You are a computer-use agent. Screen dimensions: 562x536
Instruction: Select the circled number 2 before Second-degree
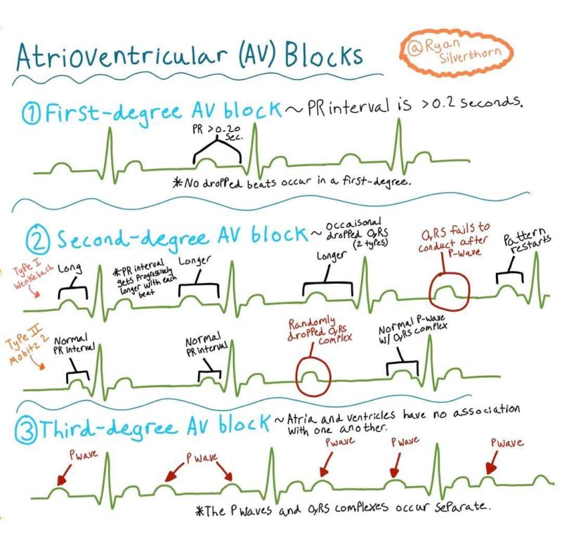(x=37, y=238)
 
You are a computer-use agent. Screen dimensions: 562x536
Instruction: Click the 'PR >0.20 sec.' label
(x=218, y=132)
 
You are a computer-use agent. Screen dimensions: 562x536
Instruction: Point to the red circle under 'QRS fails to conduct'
(x=450, y=292)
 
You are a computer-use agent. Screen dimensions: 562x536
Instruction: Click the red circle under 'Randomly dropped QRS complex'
(x=313, y=377)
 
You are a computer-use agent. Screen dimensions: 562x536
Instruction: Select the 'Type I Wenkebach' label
(x=33, y=275)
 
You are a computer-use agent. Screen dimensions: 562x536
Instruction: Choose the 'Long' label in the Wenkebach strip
(x=70, y=268)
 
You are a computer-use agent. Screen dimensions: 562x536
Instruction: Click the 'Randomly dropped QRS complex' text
(x=320, y=330)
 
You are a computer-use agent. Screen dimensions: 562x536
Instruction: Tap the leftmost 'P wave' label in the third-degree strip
(x=83, y=455)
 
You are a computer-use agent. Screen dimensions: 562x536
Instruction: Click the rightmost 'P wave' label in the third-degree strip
(x=507, y=443)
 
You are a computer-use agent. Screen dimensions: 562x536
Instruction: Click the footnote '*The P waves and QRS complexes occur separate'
(x=343, y=509)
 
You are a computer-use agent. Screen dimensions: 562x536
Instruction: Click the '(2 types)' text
(x=370, y=243)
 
